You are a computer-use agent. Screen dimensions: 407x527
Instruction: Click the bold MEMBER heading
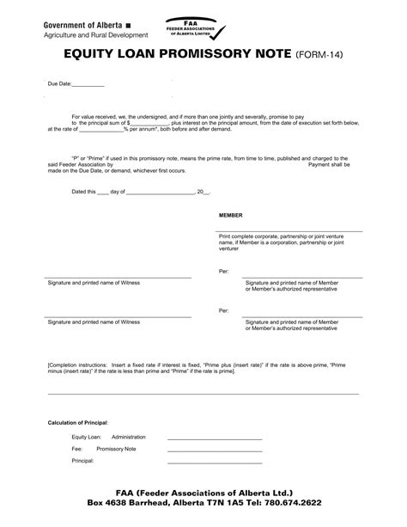pos(231,214)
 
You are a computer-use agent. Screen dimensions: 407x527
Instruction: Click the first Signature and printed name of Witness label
pos(94,283)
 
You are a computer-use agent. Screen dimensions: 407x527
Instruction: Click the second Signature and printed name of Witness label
pos(94,322)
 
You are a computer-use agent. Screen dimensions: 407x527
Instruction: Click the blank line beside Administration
pos(215,438)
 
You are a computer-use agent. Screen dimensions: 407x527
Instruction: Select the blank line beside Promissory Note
pos(215,450)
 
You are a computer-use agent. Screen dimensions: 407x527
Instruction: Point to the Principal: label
pos(83,461)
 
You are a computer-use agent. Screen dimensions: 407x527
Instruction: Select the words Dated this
pos(84,192)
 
